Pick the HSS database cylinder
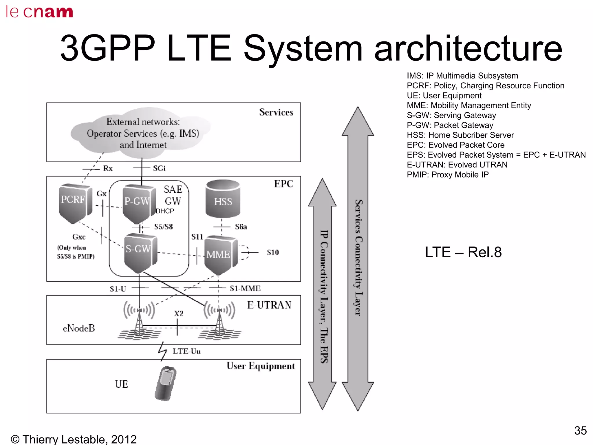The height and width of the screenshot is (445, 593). tap(223, 199)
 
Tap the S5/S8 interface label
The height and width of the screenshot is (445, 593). tap(163, 227)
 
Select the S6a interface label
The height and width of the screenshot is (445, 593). tap(241, 227)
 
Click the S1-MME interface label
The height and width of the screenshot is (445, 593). tap(245, 288)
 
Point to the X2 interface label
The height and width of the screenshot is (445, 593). tap(179, 313)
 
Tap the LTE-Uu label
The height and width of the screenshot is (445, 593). tap(186, 351)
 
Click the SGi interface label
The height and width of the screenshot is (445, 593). tap(159, 168)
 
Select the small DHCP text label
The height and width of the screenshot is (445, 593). tap(165, 211)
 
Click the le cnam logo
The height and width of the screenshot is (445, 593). tap(39, 12)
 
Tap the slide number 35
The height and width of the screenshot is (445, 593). tap(580, 431)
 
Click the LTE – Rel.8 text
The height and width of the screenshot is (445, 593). tap(463, 252)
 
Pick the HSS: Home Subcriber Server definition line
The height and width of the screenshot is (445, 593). tap(460, 135)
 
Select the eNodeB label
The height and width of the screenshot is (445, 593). tap(79, 328)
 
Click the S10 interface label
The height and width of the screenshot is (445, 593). tap(273, 253)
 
